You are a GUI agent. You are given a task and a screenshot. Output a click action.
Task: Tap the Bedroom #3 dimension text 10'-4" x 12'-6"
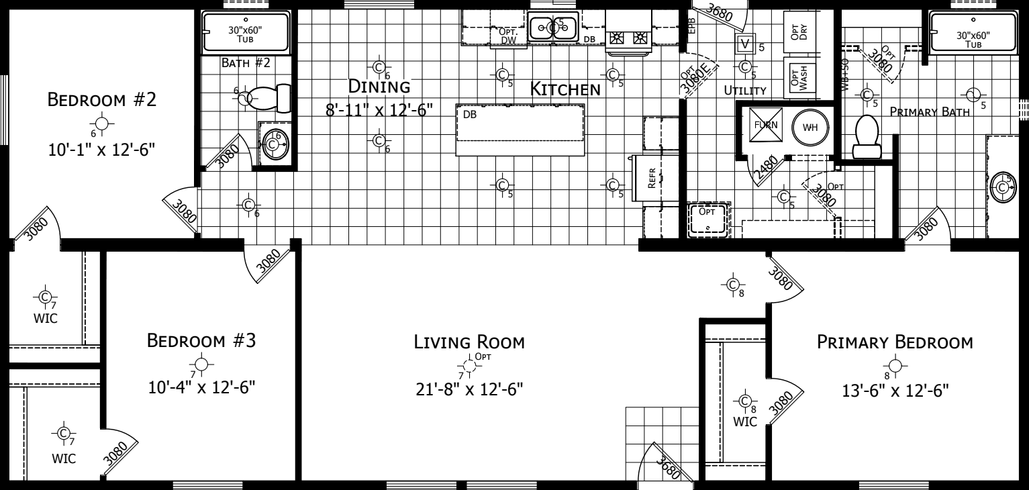click(201, 387)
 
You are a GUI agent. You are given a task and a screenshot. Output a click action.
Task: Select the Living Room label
click(469, 342)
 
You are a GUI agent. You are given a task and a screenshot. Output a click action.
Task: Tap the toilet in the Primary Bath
click(866, 135)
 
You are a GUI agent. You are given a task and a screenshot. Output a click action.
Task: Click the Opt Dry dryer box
click(797, 31)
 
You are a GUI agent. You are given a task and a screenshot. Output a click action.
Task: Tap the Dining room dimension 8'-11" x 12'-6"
click(379, 109)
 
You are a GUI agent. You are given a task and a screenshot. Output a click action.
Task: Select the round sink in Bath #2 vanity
click(274, 143)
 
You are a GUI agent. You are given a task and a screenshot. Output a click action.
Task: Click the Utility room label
click(745, 90)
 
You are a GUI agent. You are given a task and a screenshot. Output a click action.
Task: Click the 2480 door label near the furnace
click(765, 169)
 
